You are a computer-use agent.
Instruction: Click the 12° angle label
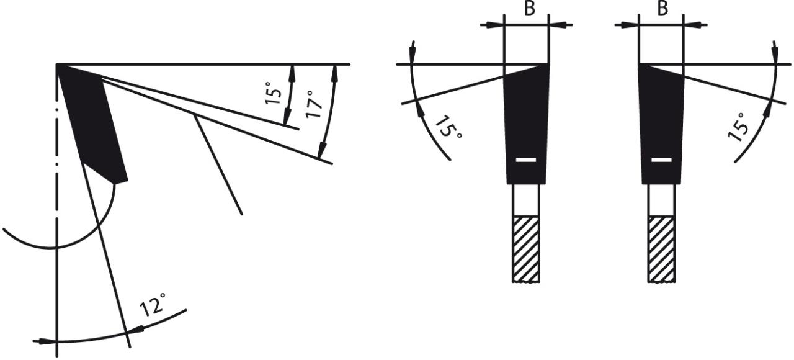(153, 304)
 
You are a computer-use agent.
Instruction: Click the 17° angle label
(314, 104)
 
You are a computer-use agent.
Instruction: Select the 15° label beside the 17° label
(274, 93)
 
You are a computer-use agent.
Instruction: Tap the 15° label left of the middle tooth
(448, 128)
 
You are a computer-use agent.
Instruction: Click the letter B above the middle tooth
(530, 8)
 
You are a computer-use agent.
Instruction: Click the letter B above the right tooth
(662, 8)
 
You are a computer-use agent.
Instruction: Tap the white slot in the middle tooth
(525, 160)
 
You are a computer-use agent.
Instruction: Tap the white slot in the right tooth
(661, 160)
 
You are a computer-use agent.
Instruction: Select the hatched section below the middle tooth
(526, 249)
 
